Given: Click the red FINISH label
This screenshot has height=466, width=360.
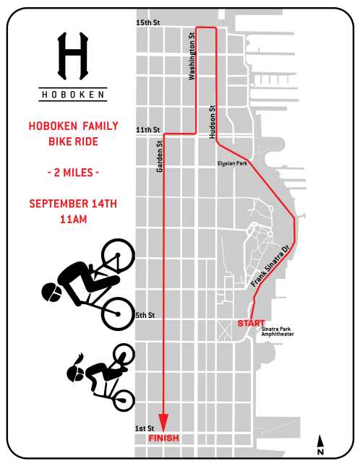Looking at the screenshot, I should (x=163, y=439).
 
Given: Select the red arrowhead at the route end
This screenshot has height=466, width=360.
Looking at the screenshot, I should (x=163, y=422).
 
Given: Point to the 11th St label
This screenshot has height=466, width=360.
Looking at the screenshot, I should (x=145, y=130).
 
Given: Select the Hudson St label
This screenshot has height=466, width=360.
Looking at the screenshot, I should (x=213, y=121).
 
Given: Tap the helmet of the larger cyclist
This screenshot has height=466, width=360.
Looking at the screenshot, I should (x=51, y=291).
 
